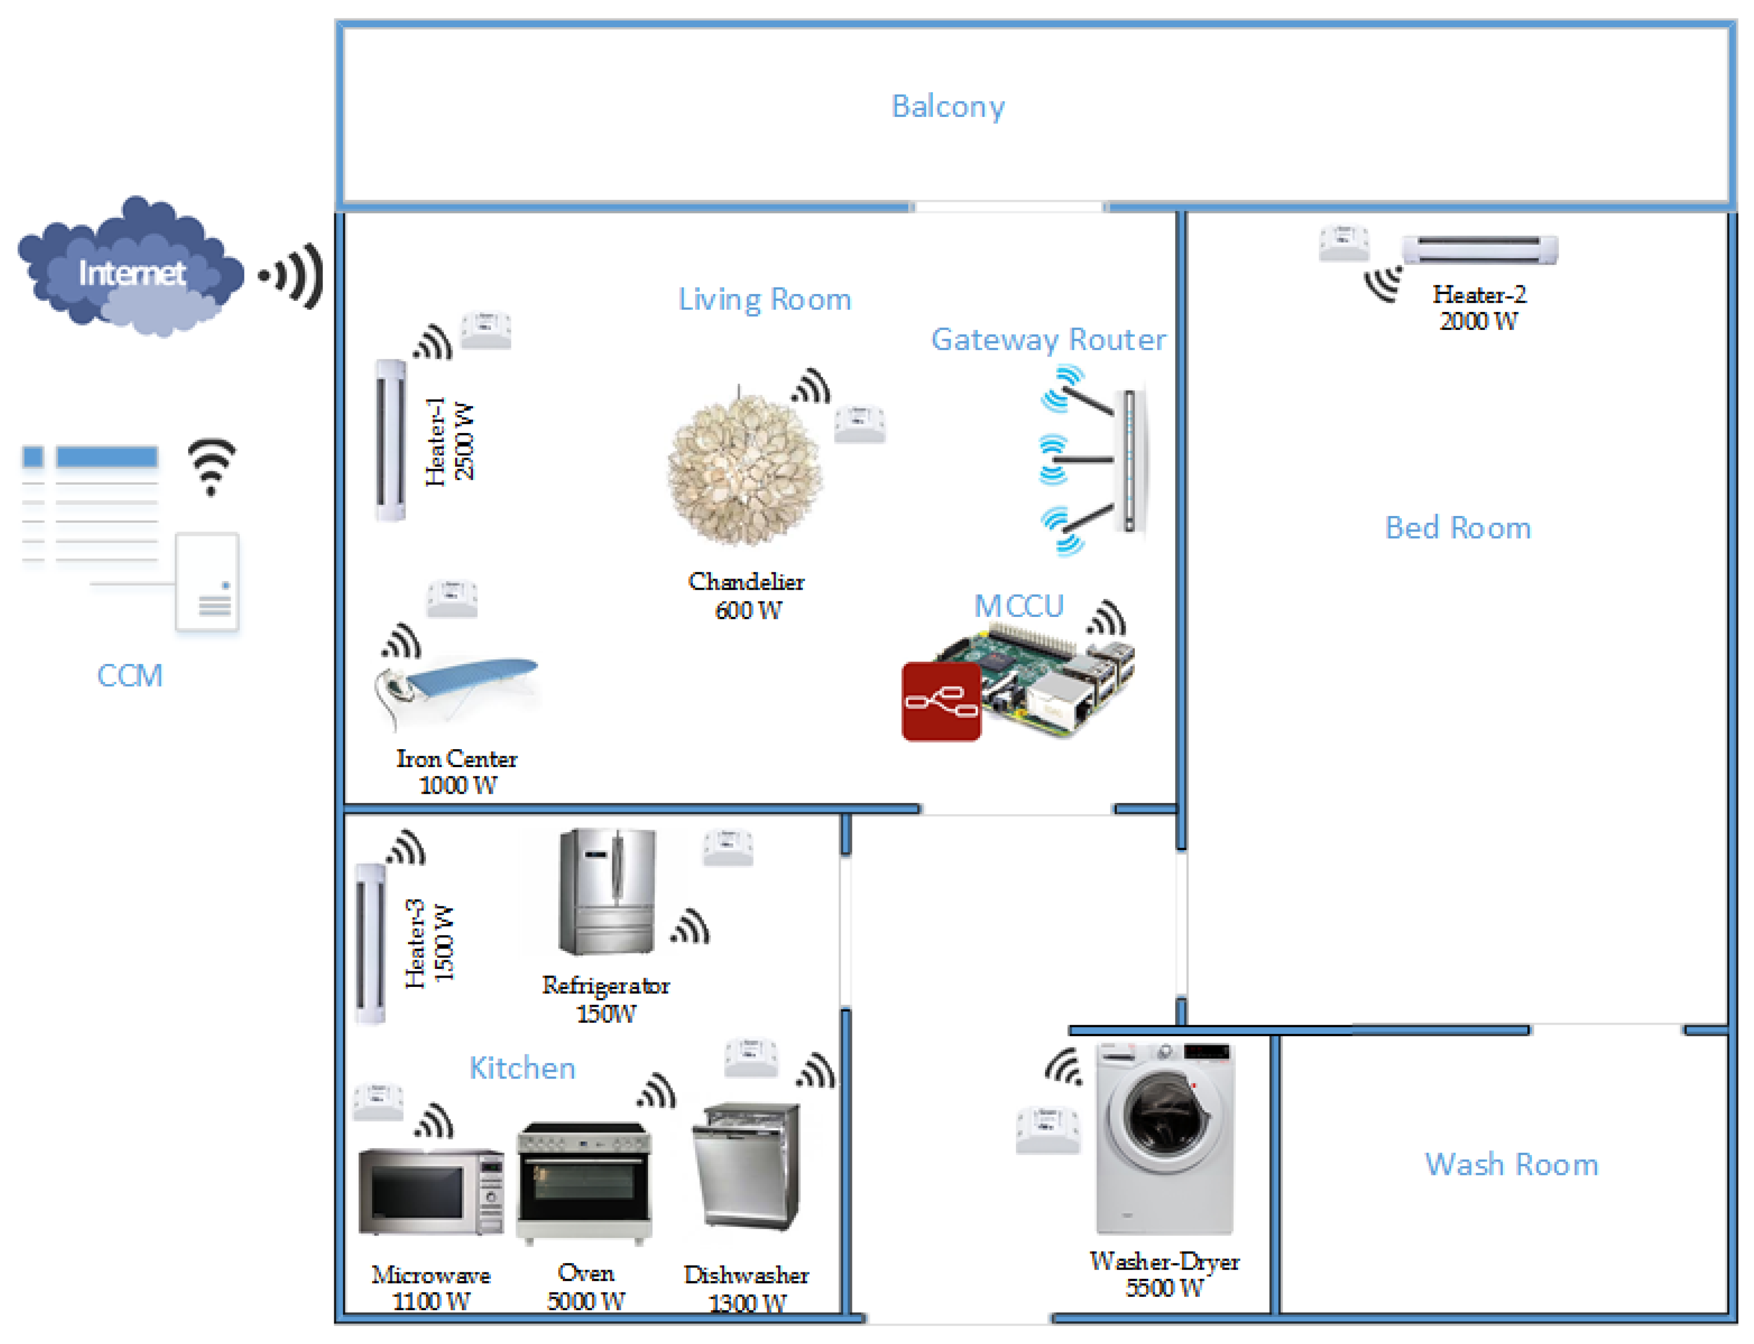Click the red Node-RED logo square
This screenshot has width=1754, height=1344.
click(x=941, y=701)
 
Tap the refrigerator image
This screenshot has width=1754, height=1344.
click(x=607, y=891)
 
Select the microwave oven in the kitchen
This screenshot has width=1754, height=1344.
click(x=431, y=1191)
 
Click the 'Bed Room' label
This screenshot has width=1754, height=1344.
click(x=1457, y=528)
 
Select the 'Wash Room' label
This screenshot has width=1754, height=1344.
click(x=1511, y=1165)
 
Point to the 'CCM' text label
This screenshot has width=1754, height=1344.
click(x=130, y=676)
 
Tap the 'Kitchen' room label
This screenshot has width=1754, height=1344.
click(x=522, y=1068)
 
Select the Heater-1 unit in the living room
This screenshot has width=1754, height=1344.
click(x=391, y=440)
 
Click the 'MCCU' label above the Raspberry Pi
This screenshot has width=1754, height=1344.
click(x=1018, y=606)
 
